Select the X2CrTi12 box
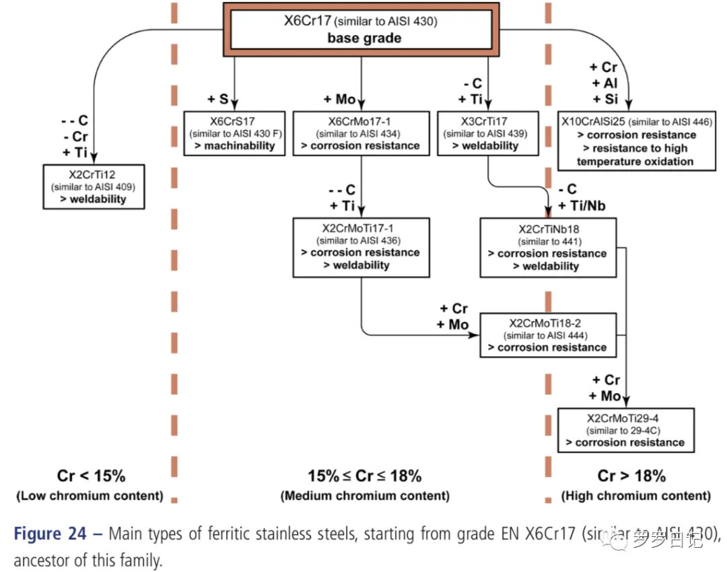tap(94, 186)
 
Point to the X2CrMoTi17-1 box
tap(361, 247)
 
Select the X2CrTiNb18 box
tap(547, 247)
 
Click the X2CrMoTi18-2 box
tap(548, 334)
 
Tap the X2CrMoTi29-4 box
tap(625, 429)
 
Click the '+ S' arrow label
tap(219, 100)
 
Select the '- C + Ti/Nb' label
tap(578, 198)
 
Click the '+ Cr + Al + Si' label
tap(603, 83)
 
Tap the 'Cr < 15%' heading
tap(90, 476)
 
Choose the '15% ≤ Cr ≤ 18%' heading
tap(365, 476)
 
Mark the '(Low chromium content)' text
tap(90, 496)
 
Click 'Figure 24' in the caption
tap(51, 534)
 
